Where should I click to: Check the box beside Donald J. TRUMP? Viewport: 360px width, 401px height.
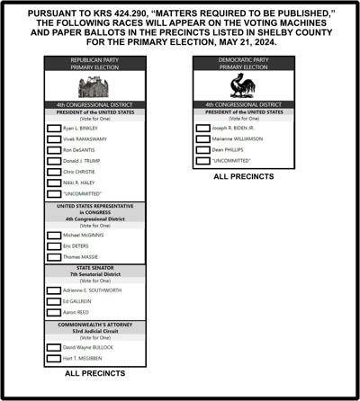54,160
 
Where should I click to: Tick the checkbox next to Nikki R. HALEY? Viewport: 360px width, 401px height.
54,183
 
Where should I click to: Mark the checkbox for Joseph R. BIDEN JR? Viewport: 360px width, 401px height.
202,128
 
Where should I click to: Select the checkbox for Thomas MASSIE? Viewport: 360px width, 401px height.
54,257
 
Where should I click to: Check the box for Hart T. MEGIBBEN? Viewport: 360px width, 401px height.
54,358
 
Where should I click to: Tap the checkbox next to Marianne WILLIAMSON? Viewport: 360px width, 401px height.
202,138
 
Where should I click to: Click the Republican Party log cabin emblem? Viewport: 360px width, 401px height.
94,88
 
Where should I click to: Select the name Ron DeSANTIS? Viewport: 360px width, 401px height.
79,149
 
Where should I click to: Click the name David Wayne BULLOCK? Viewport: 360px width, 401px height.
88,347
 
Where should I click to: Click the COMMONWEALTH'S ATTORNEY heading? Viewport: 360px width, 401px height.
94,324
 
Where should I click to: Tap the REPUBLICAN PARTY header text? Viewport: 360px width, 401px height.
94,59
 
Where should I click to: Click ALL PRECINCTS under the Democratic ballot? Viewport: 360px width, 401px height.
244,176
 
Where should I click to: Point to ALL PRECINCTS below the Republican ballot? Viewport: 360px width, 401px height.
95,372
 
